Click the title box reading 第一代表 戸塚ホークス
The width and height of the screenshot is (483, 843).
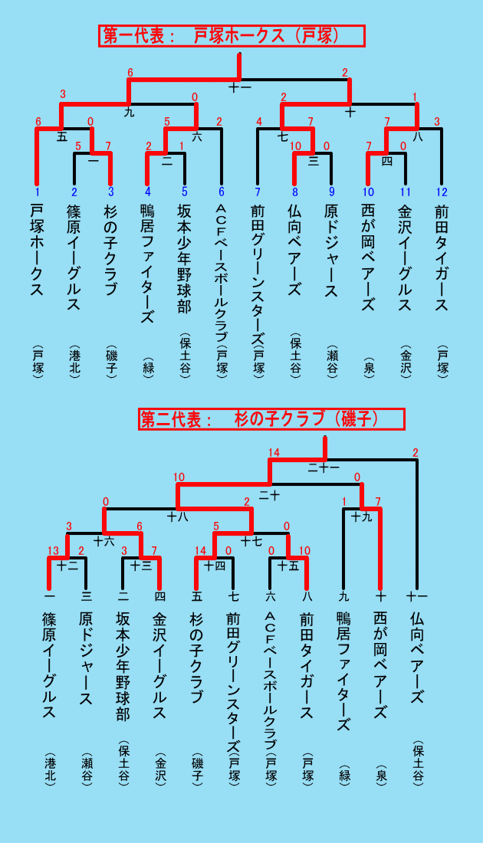pyautogui.click(x=232, y=36)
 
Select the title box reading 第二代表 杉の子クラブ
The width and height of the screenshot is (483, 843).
pyautogui.click(x=271, y=418)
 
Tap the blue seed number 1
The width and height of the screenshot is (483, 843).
pyautogui.click(x=37, y=192)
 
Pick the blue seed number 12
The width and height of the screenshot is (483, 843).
pyautogui.click(x=442, y=192)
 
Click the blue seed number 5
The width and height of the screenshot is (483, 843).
pyautogui.click(x=185, y=192)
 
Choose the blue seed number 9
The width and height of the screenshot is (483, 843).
pyautogui.click(x=331, y=192)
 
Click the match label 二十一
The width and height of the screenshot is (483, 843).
pyautogui.click(x=324, y=467)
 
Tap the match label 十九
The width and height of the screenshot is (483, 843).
pyautogui.click(x=361, y=517)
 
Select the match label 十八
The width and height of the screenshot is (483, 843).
pyautogui.click(x=177, y=517)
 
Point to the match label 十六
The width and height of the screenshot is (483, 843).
pyautogui.click(x=103, y=541)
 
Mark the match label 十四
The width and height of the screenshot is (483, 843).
pyautogui.click(x=214, y=565)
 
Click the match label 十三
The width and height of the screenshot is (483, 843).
pyautogui.click(x=141, y=565)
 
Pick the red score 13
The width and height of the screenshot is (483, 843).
pyautogui.click(x=53, y=549)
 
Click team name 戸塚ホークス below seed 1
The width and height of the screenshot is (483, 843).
pyautogui.click(x=37, y=250)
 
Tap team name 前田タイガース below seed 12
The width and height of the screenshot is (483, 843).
pyautogui.click(x=442, y=257)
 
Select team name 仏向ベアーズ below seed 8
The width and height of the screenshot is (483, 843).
pyautogui.click(x=294, y=250)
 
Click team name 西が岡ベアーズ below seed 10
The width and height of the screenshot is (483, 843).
pyautogui.click(x=368, y=257)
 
